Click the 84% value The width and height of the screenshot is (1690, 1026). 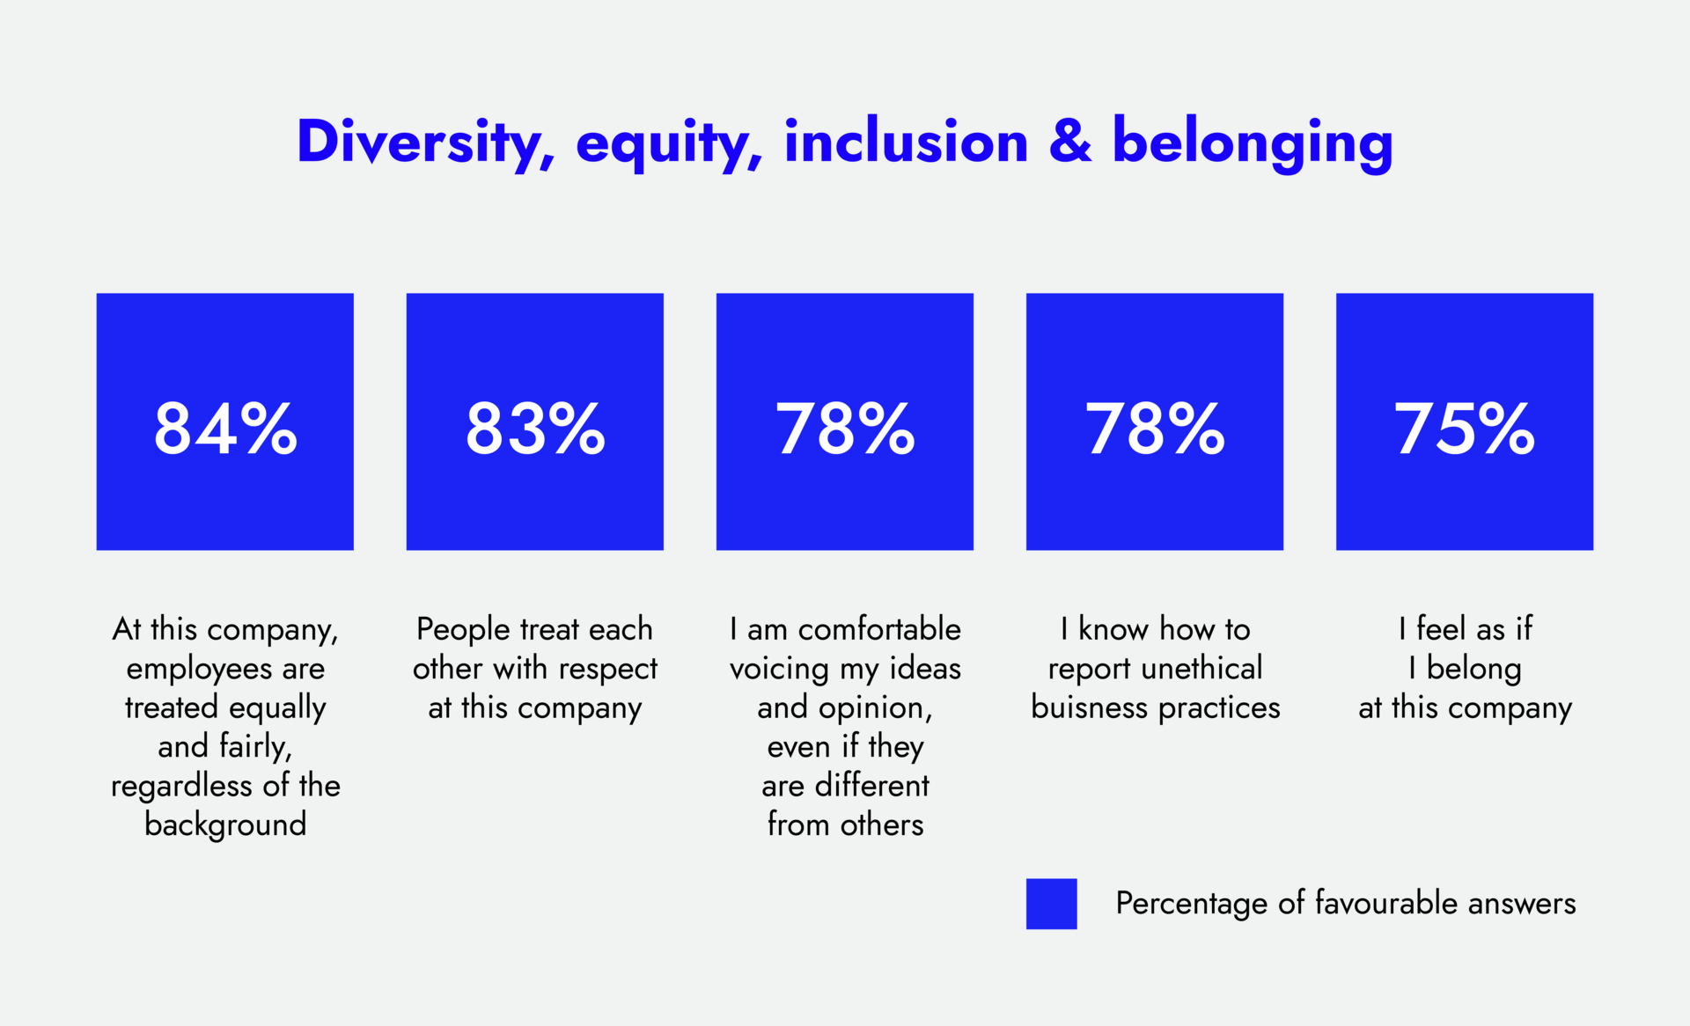(225, 429)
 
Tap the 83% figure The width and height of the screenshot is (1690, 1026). (535, 429)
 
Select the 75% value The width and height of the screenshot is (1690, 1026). (1464, 429)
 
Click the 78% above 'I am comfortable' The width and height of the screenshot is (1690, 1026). (845, 429)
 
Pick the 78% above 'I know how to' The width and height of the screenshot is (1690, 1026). (1154, 429)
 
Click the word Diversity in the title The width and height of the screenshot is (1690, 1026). (425, 143)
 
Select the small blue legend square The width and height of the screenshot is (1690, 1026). (1051, 904)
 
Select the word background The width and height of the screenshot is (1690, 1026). (225, 825)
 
